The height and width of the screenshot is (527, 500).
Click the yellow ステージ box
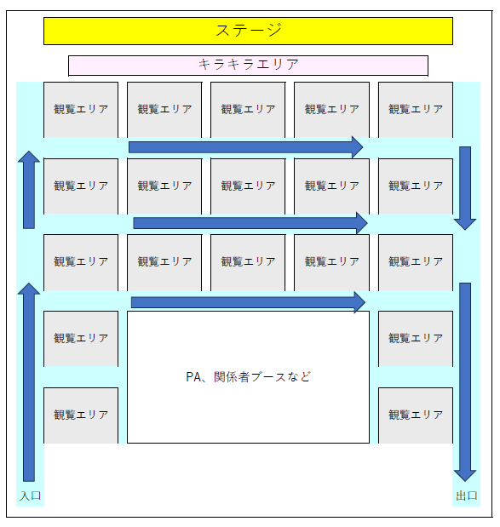point(248,31)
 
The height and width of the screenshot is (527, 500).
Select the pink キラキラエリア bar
point(248,66)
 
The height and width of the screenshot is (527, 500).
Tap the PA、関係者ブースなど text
point(248,377)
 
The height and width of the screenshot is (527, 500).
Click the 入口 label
point(31,495)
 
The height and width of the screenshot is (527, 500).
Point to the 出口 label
point(467,495)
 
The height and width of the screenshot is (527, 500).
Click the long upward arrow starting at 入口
point(29,382)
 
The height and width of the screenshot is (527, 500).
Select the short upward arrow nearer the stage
point(29,190)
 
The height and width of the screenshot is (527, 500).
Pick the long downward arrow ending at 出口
point(465,382)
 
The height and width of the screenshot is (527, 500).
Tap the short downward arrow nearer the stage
point(465,188)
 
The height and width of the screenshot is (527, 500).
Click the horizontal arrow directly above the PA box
point(248,302)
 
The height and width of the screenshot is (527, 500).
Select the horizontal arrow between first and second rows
point(246,147)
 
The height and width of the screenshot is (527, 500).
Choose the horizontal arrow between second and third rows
point(250,223)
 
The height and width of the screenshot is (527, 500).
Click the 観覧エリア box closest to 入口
point(81,415)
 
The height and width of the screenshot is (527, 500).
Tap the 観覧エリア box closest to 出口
point(416,415)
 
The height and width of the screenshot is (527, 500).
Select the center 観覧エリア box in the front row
point(248,110)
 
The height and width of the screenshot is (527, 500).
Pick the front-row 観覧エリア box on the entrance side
point(81,110)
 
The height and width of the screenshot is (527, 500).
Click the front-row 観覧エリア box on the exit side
point(416,110)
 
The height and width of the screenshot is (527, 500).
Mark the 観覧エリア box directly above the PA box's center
point(248,262)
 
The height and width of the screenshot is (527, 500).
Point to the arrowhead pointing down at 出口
point(465,476)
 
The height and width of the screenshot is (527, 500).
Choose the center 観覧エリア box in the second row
point(248,186)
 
